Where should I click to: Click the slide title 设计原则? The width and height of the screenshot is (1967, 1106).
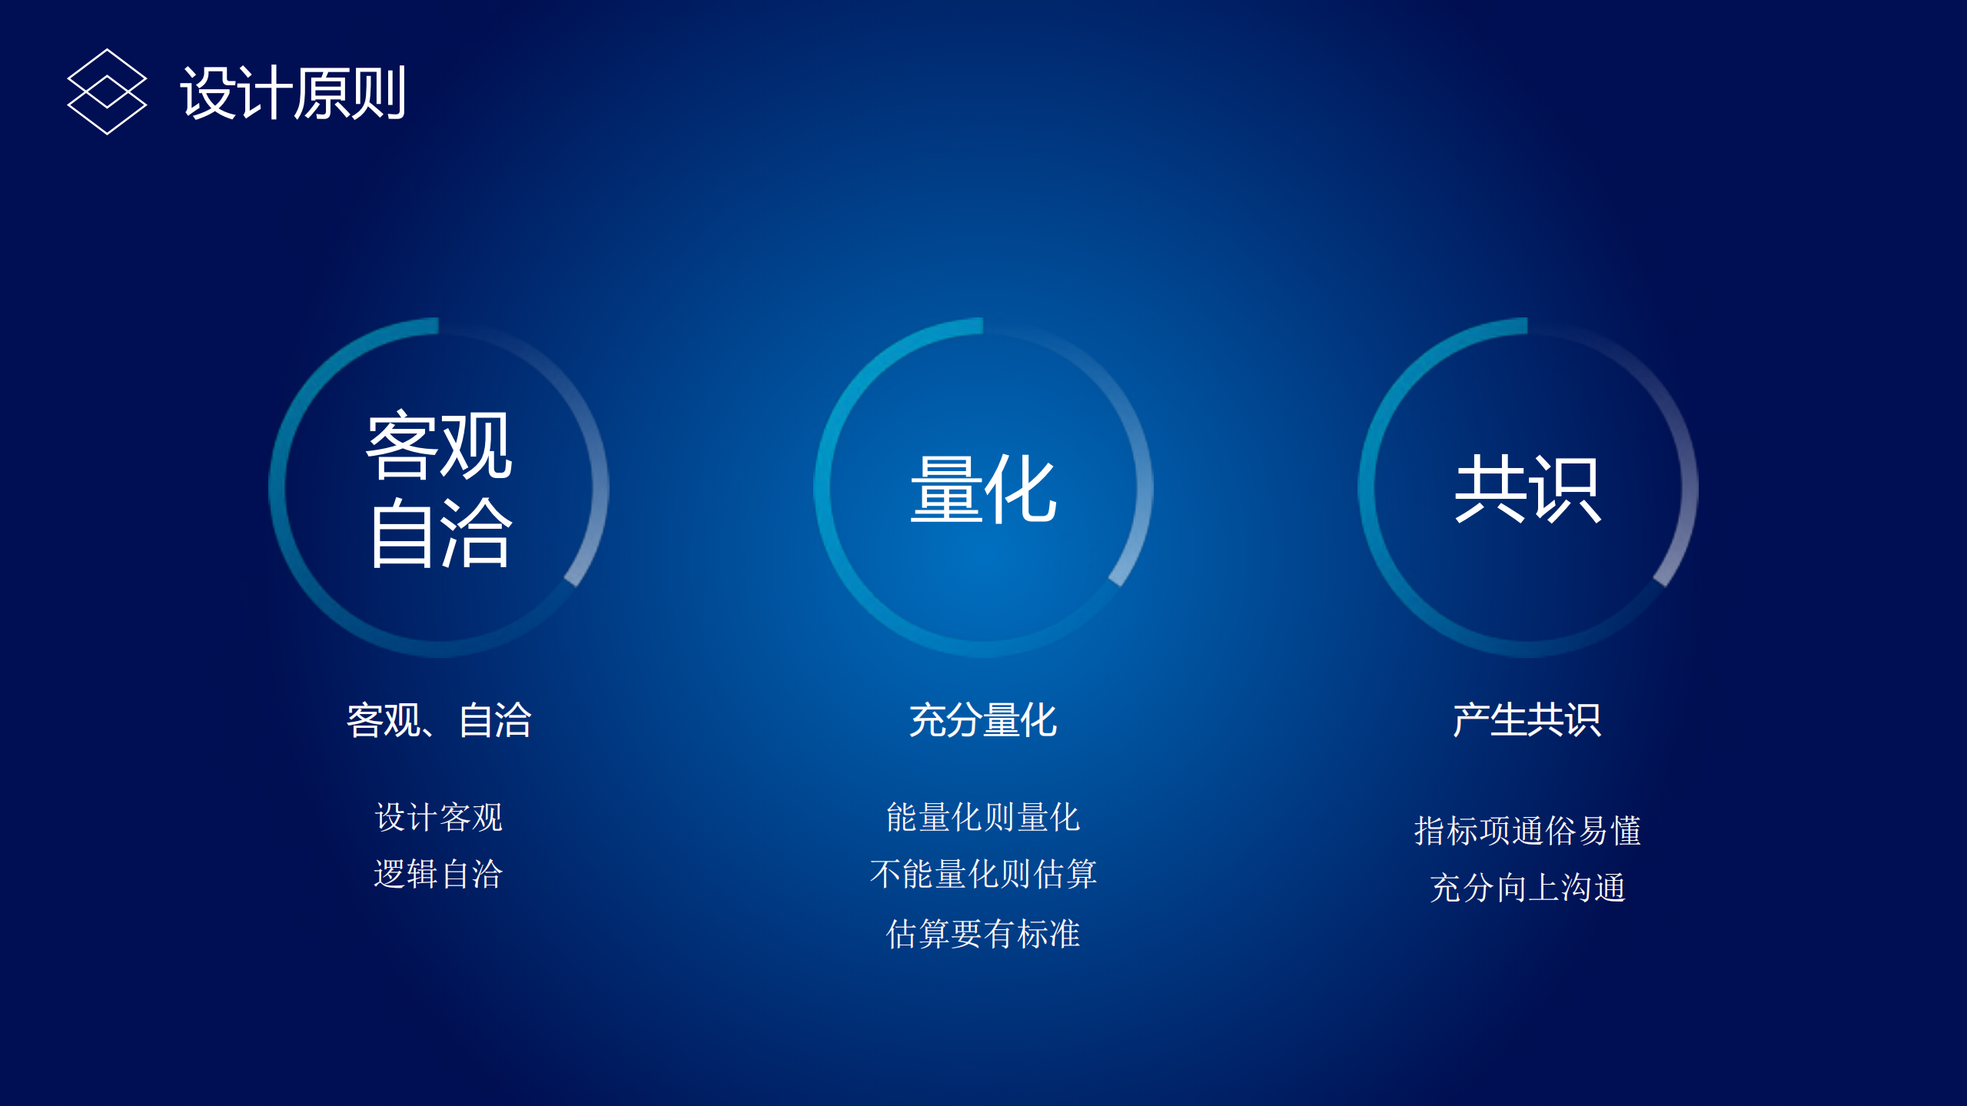[293, 93]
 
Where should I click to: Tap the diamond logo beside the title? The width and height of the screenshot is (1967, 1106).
[107, 91]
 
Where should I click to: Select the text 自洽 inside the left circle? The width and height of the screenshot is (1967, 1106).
[440, 532]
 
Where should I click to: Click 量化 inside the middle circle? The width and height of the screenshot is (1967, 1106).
[983, 489]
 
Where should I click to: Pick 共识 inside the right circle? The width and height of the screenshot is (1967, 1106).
[1527, 489]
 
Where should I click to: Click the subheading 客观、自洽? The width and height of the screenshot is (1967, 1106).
[439, 720]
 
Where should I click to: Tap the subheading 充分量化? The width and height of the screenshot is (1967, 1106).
[983, 720]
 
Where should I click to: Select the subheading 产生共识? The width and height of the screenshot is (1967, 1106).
[1527, 720]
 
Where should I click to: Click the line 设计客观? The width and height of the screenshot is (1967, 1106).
[439, 817]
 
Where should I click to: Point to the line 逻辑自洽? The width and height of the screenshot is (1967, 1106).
[438, 874]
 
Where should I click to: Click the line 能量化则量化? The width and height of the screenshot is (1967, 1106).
[983, 817]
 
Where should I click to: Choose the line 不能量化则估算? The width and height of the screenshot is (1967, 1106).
[983, 874]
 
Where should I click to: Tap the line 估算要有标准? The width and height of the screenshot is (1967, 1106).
[983, 933]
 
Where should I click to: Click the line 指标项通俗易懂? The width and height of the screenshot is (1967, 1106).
[1527, 831]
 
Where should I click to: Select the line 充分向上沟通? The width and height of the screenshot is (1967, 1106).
[1527, 888]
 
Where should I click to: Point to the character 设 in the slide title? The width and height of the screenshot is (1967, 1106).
[208, 93]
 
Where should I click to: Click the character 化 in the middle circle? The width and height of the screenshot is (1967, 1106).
[1021, 489]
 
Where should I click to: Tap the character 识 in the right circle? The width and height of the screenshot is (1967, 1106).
[1565, 489]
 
